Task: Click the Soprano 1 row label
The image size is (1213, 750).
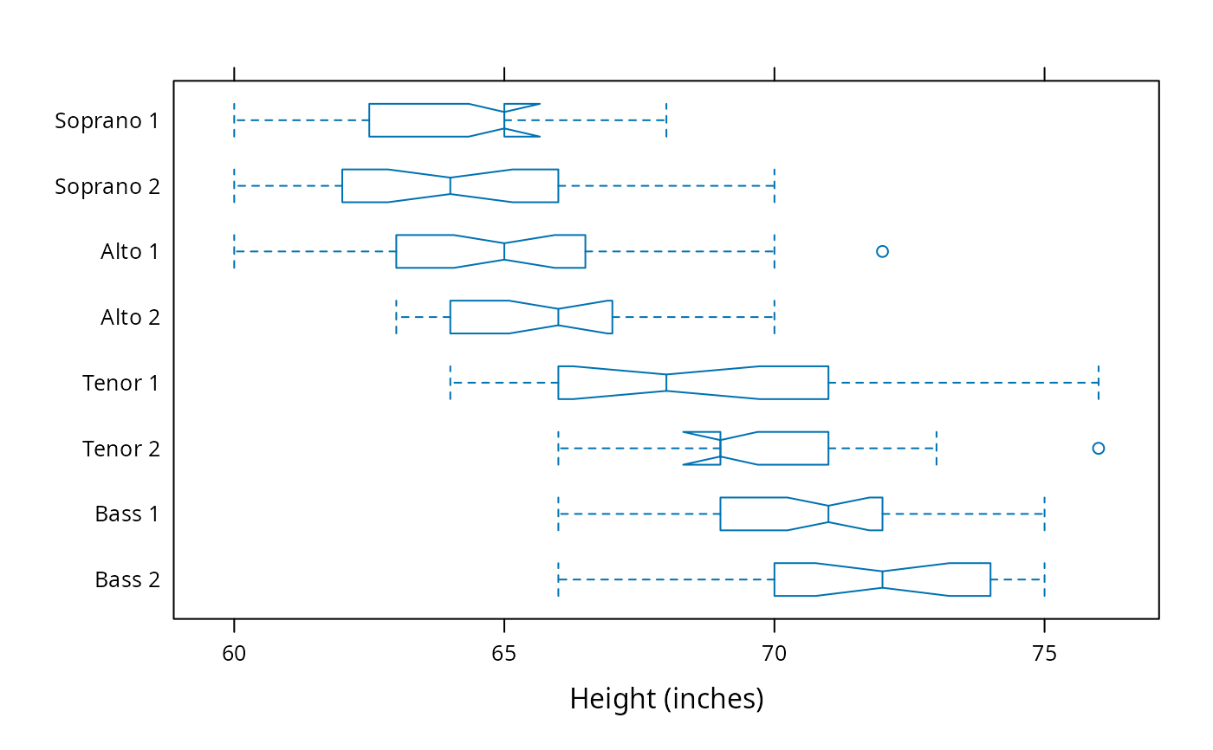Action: [x=107, y=120]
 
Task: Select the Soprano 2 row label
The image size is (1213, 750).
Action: [x=107, y=186]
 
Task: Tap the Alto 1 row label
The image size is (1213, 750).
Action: [x=130, y=252]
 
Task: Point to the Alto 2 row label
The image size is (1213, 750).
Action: [x=131, y=317]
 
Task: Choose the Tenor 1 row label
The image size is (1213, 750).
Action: [x=120, y=383]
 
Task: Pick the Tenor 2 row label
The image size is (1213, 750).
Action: [x=121, y=449]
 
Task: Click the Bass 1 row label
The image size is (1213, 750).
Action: [x=127, y=514]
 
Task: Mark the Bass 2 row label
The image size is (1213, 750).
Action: [x=128, y=579]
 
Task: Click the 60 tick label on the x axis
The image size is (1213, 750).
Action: [x=234, y=654]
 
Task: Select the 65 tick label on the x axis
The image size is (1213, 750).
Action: [x=504, y=654]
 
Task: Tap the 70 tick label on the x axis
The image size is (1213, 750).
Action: [x=775, y=654]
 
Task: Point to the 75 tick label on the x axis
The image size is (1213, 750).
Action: [x=1045, y=654]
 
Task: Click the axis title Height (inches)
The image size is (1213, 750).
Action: [x=666, y=699]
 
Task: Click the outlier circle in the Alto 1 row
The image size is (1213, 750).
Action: [x=882, y=251]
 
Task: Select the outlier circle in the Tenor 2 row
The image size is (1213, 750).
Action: [x=1099, y=448]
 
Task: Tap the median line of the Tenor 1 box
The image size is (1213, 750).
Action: [x=666, y=383]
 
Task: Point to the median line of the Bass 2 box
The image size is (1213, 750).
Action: [x=882, y=579]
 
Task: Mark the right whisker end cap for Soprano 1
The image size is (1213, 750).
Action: [x=666, y=120]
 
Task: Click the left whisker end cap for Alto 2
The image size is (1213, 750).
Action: [x=397, y=317]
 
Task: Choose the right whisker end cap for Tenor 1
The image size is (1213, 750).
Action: [x=1099, y=383]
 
